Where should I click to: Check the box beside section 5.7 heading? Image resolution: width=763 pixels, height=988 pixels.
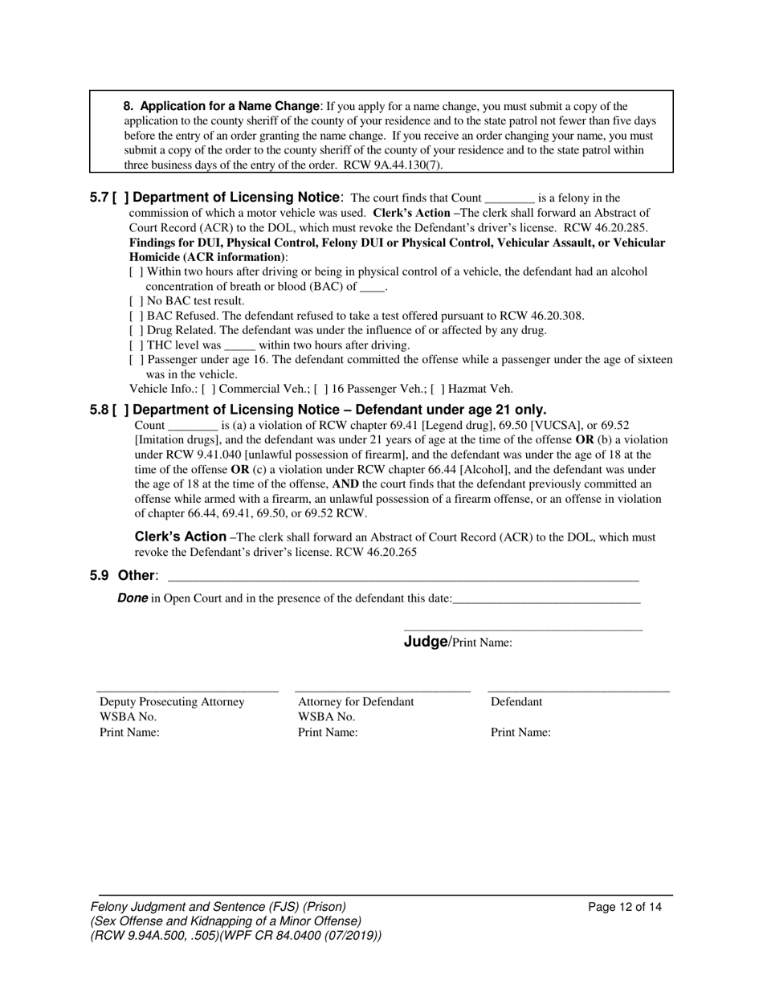coord(118,198)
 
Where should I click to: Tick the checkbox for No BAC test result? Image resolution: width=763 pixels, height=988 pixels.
coord(136,301)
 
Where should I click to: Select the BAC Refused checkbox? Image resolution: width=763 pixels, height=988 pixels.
coord(136,316)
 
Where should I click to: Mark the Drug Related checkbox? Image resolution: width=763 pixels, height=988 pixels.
coord(136,330)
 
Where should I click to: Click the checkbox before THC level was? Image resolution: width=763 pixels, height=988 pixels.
coord(136,345)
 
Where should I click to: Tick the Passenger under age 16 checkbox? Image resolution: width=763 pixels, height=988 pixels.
coord(136,360)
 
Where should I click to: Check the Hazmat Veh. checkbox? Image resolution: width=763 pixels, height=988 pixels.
coord(437,390)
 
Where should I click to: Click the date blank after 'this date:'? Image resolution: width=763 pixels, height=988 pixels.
coord(546,598)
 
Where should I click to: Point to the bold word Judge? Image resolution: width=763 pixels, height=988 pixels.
coord(425,641)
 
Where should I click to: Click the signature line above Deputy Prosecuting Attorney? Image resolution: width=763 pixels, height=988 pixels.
coord(187,690)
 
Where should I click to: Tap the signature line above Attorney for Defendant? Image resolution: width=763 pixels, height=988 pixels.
coord(382,690)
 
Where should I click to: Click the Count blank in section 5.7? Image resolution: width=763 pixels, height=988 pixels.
coord(510,198)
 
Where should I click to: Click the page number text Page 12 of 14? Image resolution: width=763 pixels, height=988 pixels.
coord(625,908)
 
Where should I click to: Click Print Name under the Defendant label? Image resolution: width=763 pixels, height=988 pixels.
coord(520,733)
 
